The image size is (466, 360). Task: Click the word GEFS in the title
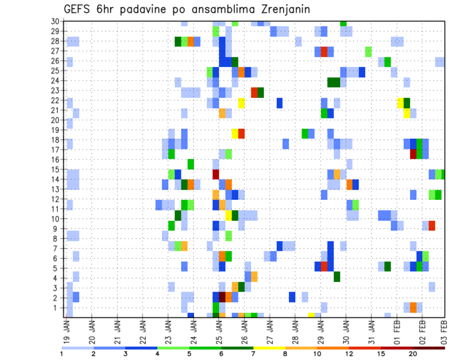(x=78, y=9)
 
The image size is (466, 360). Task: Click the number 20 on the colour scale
(x=413, y=353)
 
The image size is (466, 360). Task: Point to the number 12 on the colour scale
(x=349, y=353)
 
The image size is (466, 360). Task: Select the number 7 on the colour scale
(x=254, y=353)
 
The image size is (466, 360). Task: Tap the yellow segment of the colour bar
(x=269, y=347)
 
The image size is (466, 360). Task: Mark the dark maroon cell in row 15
(x=216, y=174)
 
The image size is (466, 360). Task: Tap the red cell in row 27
(x=324, y=51)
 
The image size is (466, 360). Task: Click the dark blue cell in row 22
(x=280, y=103)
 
